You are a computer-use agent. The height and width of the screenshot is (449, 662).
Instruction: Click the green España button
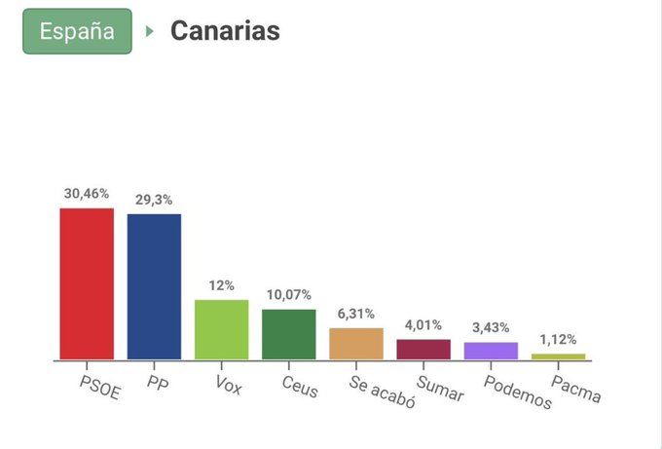coord(77,31)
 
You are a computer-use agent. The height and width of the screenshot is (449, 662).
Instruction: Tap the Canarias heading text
coord(225,31)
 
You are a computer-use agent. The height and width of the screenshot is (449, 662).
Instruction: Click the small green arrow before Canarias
coord(150,31)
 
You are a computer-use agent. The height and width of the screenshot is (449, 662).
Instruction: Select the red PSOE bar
coord(87,283)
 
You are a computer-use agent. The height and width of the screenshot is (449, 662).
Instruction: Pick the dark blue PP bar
coord(154,286)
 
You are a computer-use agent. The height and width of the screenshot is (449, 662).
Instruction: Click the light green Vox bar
coord(222,329)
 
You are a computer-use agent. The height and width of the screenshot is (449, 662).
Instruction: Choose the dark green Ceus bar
coord(289,334)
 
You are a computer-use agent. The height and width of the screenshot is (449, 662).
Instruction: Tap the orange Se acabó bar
coord(356,344)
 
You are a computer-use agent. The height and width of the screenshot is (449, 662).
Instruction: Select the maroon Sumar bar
coord(423,350)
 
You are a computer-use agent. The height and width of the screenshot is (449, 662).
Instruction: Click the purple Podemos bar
coord(491,351)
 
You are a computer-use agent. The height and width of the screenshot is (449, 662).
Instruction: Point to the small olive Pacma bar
coord(558,356)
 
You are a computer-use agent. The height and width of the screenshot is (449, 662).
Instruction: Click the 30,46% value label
coord(87,194)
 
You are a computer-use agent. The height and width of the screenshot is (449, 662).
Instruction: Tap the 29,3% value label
coord(154,200)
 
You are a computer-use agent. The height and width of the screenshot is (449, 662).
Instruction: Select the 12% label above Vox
coord(222,285)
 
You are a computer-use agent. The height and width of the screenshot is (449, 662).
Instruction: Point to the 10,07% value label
coord(289,295)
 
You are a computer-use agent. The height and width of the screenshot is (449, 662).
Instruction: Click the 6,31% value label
coord(356,314)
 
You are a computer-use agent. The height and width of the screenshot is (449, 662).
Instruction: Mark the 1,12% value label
coord(558,340)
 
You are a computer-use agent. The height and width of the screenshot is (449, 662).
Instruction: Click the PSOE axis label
coord(97,383)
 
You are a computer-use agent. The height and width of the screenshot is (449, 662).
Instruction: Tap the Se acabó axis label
coord(382,390)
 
